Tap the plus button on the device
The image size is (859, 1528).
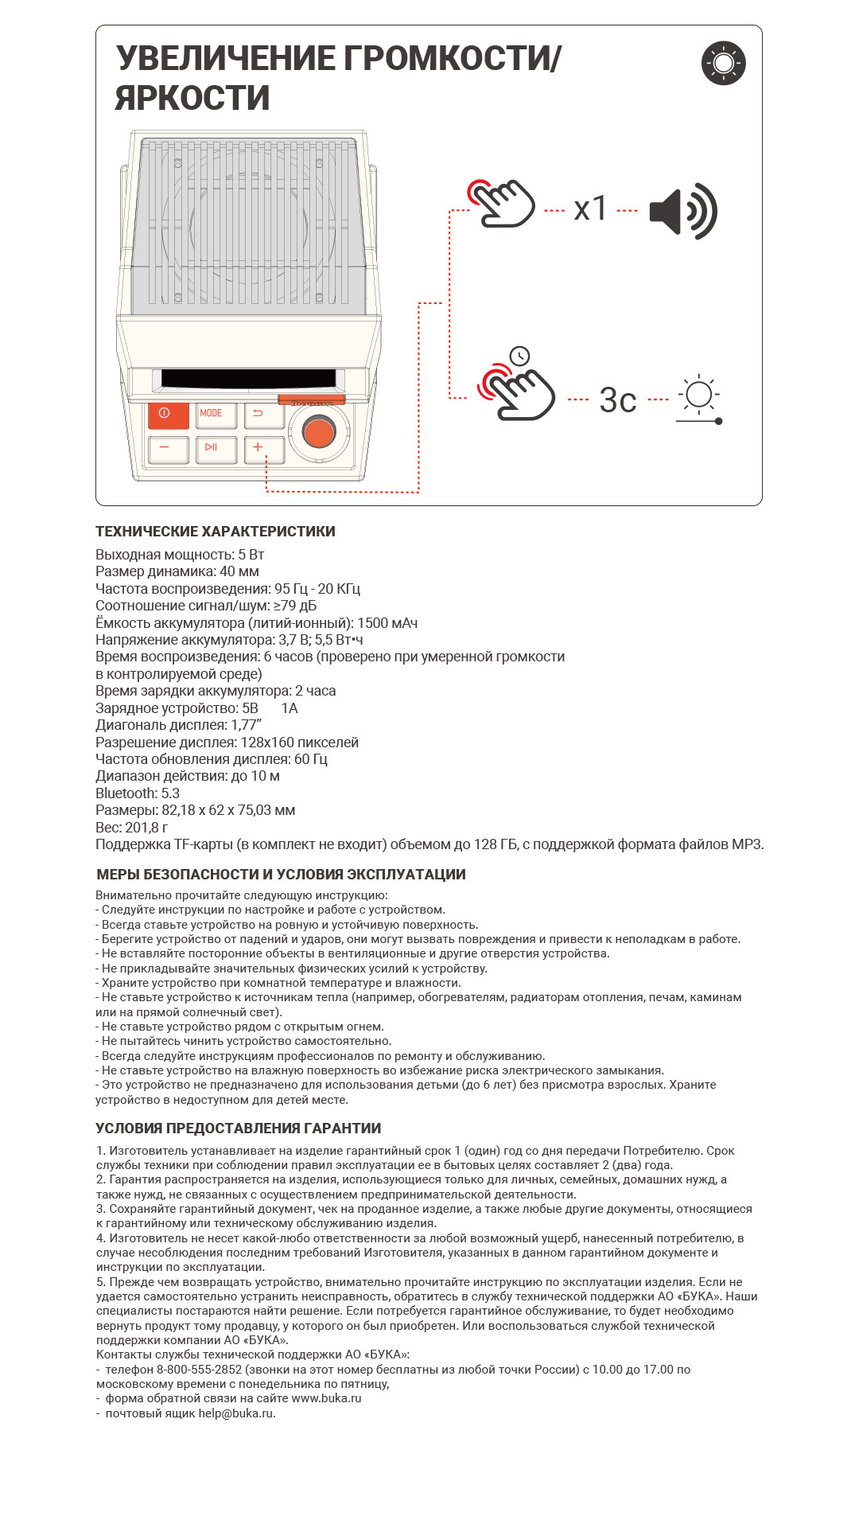point(263,448)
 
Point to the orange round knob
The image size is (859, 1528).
point(319,432)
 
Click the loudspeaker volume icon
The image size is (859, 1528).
point(683,211)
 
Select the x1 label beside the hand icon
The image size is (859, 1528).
point(590,209)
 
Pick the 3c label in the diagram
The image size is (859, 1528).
point(618,400)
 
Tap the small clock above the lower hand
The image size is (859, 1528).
point(519,356)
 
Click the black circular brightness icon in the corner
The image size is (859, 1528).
point(724,63)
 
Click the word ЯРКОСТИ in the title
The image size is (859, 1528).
point(192,98)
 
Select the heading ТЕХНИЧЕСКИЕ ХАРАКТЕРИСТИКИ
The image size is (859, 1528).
point(216,532)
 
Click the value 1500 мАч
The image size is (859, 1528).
point(387,623)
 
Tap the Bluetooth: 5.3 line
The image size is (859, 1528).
point(138,793)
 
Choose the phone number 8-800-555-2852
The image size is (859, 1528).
point(199,1370)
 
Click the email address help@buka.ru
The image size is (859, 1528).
point(236,1413)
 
